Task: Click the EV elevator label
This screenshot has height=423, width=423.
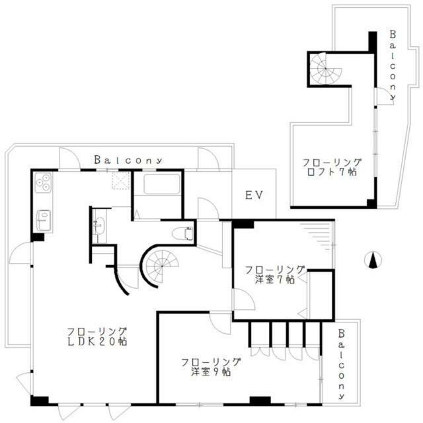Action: click(254, 196)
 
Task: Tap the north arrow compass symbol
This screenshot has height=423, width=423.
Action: click(372, 260)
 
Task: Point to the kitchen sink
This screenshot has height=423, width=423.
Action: click(43, 219)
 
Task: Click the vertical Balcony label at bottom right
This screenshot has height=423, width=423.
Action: click(341, 363)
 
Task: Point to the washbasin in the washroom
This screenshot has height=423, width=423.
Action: click(99, 226)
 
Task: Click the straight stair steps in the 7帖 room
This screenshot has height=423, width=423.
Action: click(317, 235)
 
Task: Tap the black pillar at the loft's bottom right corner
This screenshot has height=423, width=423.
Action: click(371, 204)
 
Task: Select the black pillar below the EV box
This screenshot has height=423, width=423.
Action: click(243, 224)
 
